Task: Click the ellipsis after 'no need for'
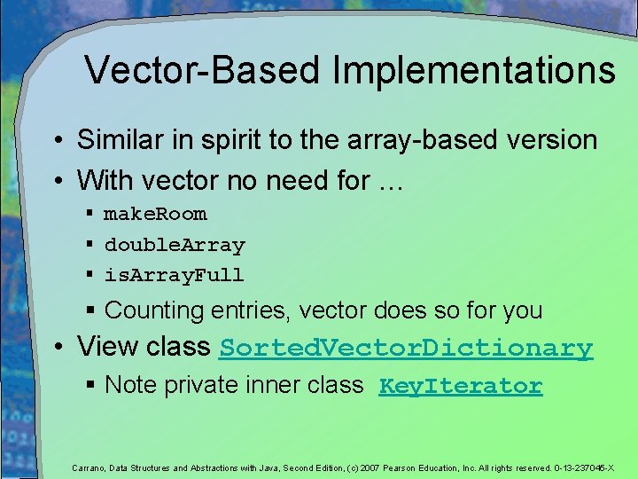(391, 181)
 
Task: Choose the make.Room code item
(155, 214)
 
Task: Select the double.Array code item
(175, 245)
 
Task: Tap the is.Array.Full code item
(174, 275)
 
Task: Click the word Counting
(154, 310)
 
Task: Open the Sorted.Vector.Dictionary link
(406, 348)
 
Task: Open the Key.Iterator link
(460, 386)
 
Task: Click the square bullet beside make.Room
(90, 214)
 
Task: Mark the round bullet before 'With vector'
(56, 182)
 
